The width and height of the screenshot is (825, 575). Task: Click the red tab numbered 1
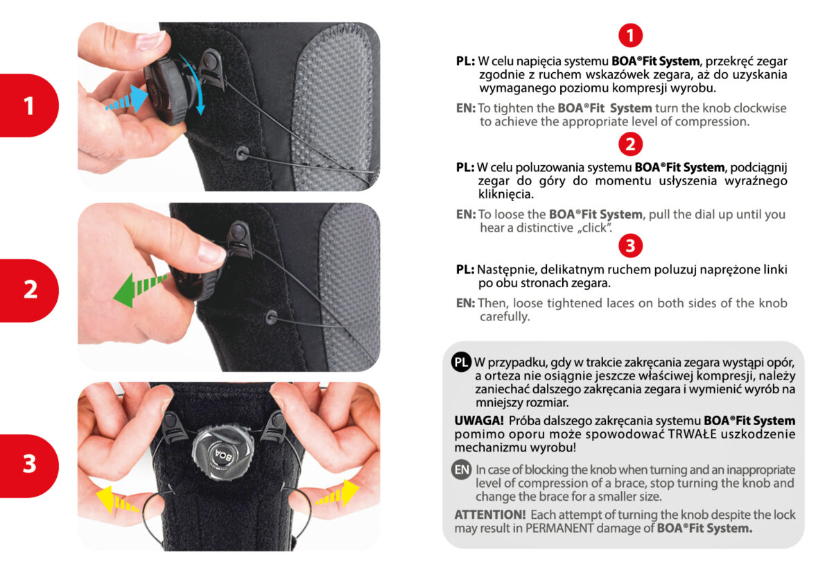[x=29, y=105]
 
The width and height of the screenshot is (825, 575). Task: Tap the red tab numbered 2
[x=29, y=290]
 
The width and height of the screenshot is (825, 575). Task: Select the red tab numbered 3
[x=29, y=465]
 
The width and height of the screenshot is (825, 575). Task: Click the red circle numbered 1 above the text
[x=630, y=36]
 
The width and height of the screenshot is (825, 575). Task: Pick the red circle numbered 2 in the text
[x=630, y=144]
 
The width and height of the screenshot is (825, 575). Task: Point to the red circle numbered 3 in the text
[x=630, y=246]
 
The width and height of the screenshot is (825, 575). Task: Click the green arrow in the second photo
[x=139, y=289]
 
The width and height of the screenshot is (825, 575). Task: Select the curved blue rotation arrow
[x=196, y=82]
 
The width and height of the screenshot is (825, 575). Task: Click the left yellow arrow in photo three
[x=116, y=500]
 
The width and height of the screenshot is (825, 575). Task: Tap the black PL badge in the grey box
[x=462, y=362]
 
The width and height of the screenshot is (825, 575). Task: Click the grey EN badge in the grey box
[x=462, y=470]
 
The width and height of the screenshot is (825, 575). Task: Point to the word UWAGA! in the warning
[x=479, y=421]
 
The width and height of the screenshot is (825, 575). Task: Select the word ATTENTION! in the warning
[x=490, y=515]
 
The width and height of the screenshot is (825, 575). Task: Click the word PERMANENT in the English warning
[x=559, y=528]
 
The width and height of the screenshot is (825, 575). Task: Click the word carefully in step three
[x=505, y=316]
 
